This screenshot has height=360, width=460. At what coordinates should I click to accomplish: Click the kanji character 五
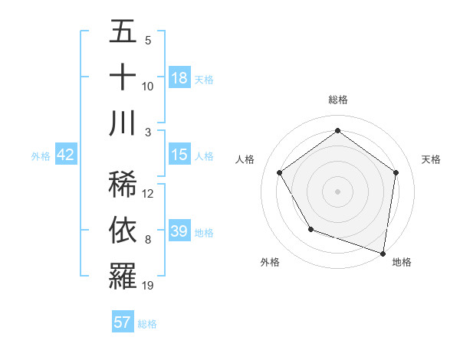pos(123,32)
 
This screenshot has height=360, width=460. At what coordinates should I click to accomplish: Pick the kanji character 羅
pos(123,276)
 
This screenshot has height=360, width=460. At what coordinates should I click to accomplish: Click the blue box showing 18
pos(179,78)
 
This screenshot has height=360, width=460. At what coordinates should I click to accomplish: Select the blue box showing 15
pos(179,155)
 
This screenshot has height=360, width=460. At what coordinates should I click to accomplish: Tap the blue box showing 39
pos(179,231)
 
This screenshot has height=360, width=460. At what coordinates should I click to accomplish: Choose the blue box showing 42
pos(66,155)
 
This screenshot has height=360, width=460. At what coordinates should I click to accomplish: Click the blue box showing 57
pos(123,322)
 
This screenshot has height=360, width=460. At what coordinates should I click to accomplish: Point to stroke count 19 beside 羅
pos(148,286)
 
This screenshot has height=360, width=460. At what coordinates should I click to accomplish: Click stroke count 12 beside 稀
pos(148,194)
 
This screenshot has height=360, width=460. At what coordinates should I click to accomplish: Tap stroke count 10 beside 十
pos(148,87)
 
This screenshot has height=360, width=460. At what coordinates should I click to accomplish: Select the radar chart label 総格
pos(337,100)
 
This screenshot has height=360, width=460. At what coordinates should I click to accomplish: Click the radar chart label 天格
pos(431,159)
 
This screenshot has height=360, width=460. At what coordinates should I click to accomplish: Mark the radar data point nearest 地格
pos(383,253)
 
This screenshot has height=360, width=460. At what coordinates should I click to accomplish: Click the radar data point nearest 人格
pos(279,172)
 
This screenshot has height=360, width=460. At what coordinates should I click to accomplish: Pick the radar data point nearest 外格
pos(310,228)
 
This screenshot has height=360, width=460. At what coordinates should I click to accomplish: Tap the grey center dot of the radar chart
pos(337,191)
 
